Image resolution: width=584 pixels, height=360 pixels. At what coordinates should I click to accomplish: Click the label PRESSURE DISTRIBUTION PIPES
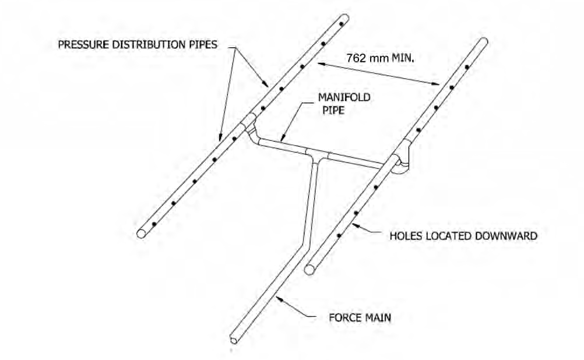[138, 45]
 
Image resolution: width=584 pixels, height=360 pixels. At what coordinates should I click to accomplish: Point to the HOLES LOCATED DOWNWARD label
[463, 236]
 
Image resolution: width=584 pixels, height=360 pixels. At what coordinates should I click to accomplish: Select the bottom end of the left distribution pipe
[142, 233]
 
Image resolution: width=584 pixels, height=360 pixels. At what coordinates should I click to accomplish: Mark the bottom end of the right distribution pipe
[309, 269]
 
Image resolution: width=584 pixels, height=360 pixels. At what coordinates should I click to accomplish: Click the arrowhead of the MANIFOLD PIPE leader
[282, 139]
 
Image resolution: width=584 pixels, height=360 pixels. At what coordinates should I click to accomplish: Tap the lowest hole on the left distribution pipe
[154, 224]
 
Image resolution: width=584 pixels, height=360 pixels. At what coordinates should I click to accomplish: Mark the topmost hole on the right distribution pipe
[467, 68]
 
